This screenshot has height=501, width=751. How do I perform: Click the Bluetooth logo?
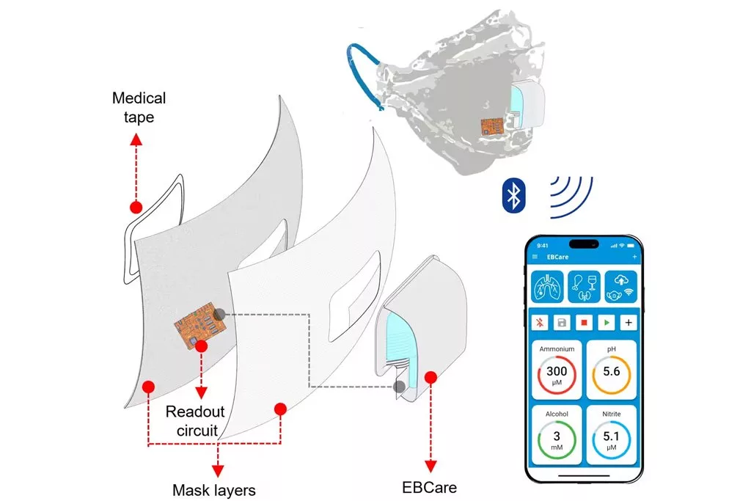pyautogui.click(x=516, y=194)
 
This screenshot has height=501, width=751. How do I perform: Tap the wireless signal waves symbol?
pyautogui.click(x=571, y=194)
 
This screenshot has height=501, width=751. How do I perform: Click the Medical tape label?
pyautogui.click(x=139, y=107)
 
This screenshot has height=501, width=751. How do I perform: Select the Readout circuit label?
pyautogui.click(x=195, y=421)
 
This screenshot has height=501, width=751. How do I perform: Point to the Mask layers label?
pyautogui.click(x=214, y=489)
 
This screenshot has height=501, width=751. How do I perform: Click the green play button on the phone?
pyautogui.click(x=607, y=322)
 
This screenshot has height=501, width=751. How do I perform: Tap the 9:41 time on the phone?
pyautogui.click(x=543, y=245)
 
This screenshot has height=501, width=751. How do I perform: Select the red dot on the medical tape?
pyautogui.click(x=135, y=207)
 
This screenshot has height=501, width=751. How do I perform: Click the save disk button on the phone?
pyautogui.click(x=563, y=322)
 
